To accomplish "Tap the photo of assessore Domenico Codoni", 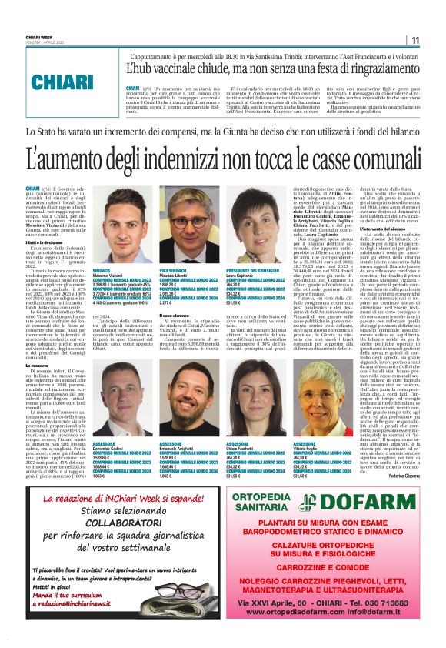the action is (121, 401).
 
